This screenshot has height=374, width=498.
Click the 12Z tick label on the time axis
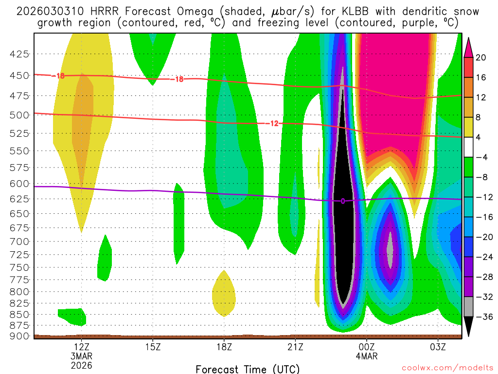click(x=81, y=347)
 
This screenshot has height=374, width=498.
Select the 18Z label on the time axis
click(x=224, y=347)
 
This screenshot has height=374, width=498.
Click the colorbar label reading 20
click(x=481, y=57)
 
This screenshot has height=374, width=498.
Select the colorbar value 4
click(x=479, y=137)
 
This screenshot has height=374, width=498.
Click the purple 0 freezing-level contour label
click(x=343, y=201)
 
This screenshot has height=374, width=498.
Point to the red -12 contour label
click(x=274, y=124)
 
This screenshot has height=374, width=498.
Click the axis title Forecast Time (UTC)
click(x=248, y=369)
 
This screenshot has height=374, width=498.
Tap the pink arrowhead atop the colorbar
click(x=469, y=47)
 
